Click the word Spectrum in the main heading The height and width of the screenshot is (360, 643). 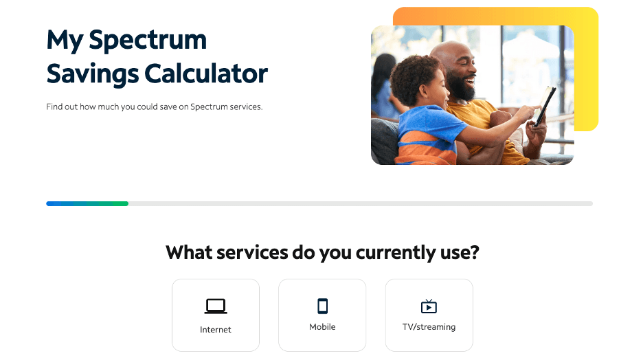point(148,41)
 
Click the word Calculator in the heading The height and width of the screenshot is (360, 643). point(206,74)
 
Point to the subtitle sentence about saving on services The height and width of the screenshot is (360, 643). point(155,107)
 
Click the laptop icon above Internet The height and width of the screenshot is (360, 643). point(216,306)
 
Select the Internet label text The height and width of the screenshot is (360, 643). point(216,330)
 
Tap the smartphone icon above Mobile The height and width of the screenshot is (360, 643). point(322,306)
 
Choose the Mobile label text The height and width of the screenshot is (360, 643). point(322,327)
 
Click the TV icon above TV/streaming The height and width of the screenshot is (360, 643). point(429,306)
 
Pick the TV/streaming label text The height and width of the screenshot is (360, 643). point(429,327)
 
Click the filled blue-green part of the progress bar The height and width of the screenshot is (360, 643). point(87,203)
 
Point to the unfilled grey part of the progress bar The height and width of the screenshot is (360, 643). point(357,203)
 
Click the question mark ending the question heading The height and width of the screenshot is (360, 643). point(473,252)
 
